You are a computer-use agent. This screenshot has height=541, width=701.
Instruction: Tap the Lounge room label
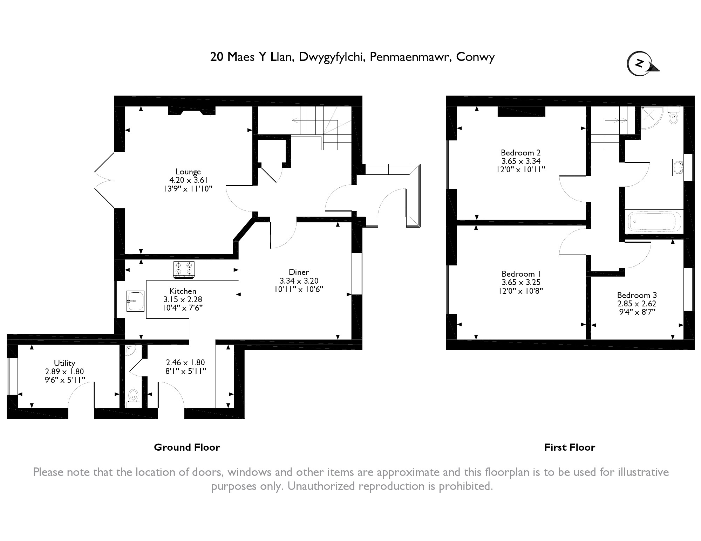tap(188, 172)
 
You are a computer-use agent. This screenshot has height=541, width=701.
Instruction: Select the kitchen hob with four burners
tap(184, 270)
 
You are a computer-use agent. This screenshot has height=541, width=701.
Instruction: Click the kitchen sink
tap(135, 301)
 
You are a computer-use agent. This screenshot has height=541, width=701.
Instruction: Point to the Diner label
tap(299, 272)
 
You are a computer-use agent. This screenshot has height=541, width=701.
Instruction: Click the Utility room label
tap(64, 363)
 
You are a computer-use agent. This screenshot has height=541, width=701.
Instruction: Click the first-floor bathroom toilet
tap(673, 116)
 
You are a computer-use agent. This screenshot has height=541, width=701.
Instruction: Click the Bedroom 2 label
tap(520, 153)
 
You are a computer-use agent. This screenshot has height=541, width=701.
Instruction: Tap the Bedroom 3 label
tap(637, 295)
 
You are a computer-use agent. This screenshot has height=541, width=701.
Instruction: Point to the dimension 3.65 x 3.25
tap(521, 282)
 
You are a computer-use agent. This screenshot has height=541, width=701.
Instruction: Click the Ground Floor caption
tap(187, 448)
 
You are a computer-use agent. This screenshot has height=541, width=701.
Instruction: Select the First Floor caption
tap(570, 448)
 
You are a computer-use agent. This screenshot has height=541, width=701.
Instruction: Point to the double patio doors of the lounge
tap(104, 180)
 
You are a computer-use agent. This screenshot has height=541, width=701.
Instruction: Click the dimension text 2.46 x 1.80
tap(185, 362)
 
